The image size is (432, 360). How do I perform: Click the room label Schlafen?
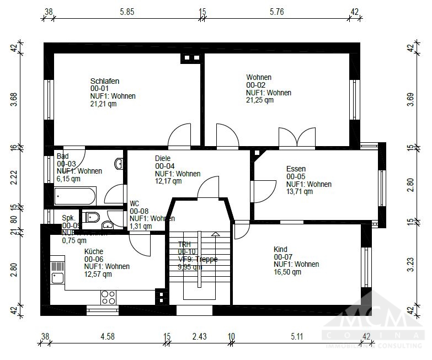[105, 81]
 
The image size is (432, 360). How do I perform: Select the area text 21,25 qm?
[259, 100]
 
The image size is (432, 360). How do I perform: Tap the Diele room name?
[163, 158]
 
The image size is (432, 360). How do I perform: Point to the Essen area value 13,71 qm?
[299, 192]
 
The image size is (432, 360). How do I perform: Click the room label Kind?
[280, 249]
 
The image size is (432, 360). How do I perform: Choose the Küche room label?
[94, 251]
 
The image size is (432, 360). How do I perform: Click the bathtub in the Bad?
[75, 195]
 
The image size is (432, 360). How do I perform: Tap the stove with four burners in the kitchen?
[108, 297]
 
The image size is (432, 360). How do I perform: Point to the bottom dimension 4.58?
[108, 336]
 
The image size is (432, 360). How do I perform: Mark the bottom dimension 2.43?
[199, 336]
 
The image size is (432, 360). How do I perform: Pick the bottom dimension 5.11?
[298, 336]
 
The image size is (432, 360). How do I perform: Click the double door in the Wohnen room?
[297, 137]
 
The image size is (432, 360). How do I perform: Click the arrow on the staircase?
[215, 233]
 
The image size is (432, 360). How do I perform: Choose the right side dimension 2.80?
[410, 184]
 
